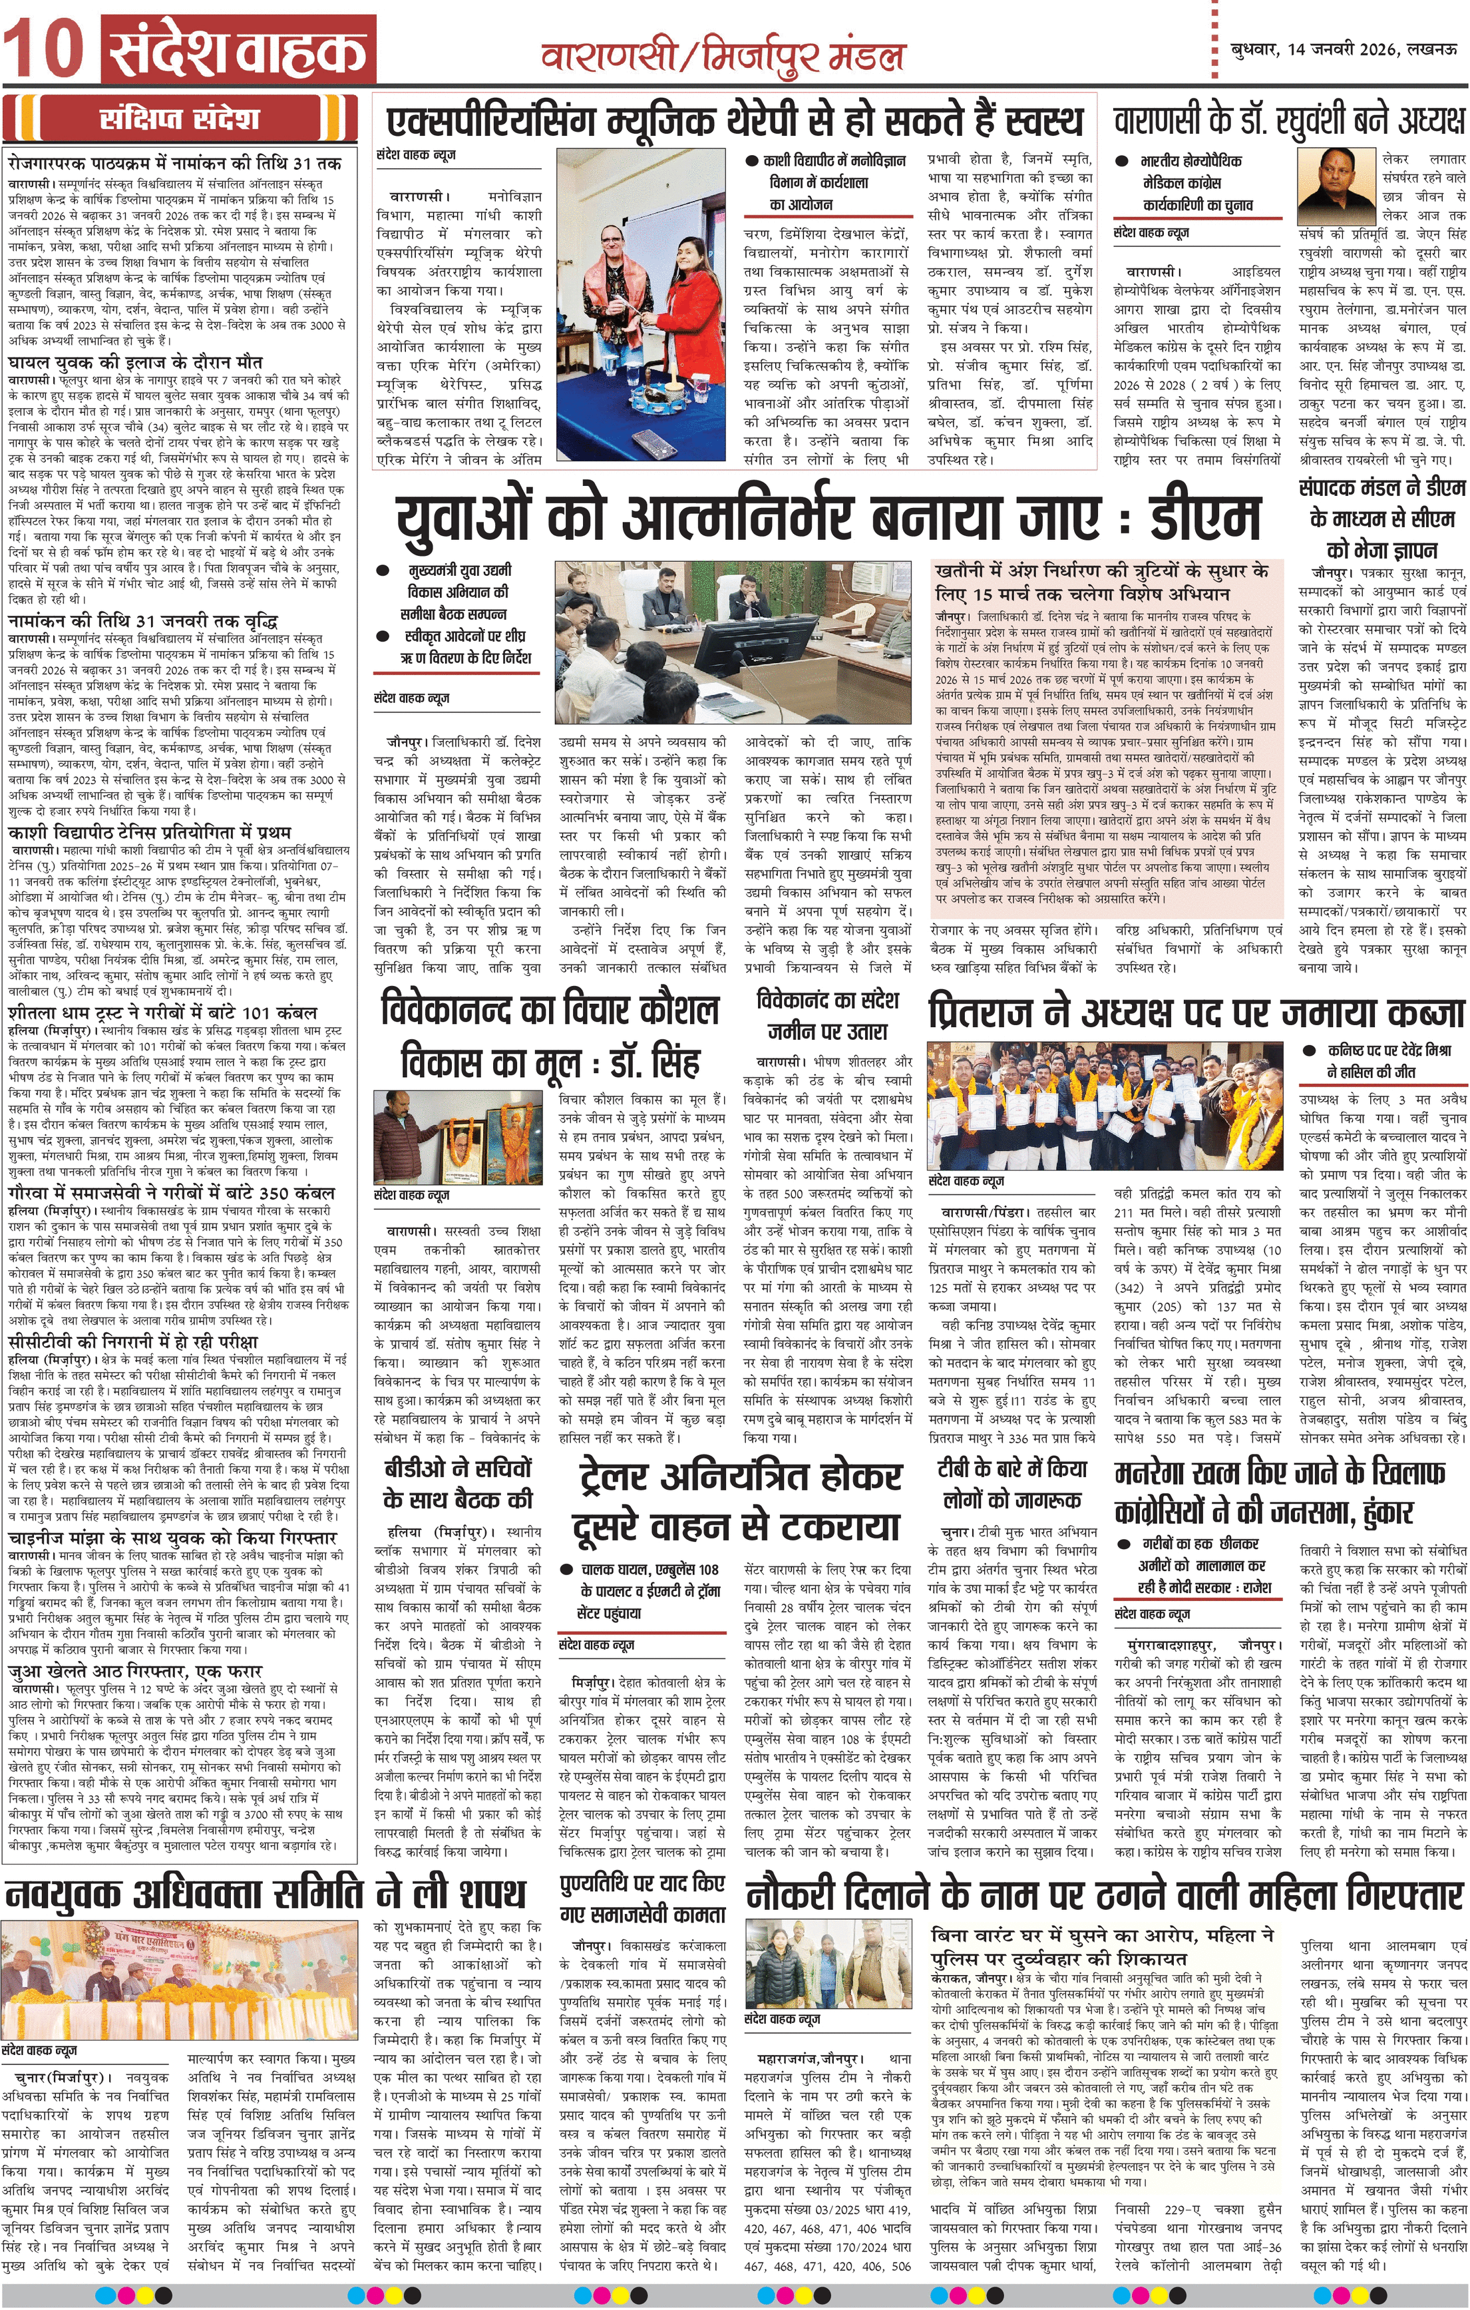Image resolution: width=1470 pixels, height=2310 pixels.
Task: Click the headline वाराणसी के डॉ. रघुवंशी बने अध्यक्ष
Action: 1289,122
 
